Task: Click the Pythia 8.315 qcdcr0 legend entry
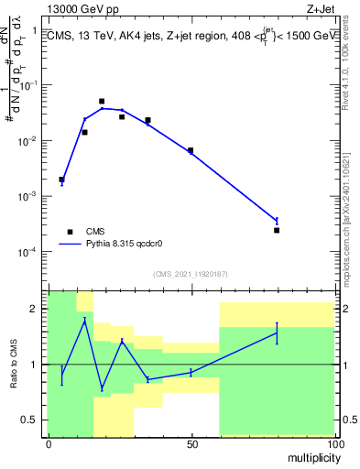coord(118,245)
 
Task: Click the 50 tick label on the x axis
coord(191,444)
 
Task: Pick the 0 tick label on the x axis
coord(49,444)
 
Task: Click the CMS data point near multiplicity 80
coord(277,230)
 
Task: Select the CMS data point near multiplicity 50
coord(191,150)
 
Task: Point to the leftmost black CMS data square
coord(61,180)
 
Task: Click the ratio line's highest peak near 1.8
coord(84,321)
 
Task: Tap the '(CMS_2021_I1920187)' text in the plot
coord(189,273)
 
